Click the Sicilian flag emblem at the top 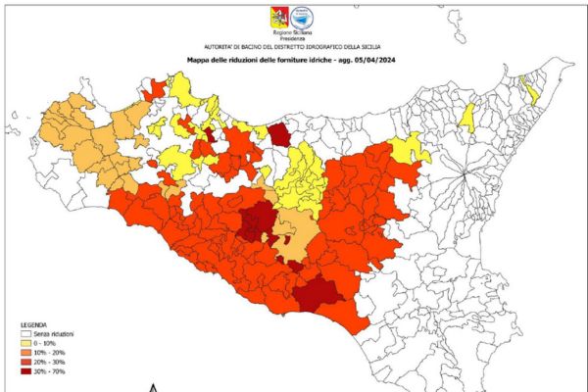pos(276,16)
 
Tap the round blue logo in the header pos(312,16)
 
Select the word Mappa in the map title pos(202,60)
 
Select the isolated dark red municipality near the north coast pos(279,134)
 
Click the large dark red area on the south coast pos(316,292)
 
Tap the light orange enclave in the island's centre pos(290,229)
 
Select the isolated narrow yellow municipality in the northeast pos(468,118)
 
